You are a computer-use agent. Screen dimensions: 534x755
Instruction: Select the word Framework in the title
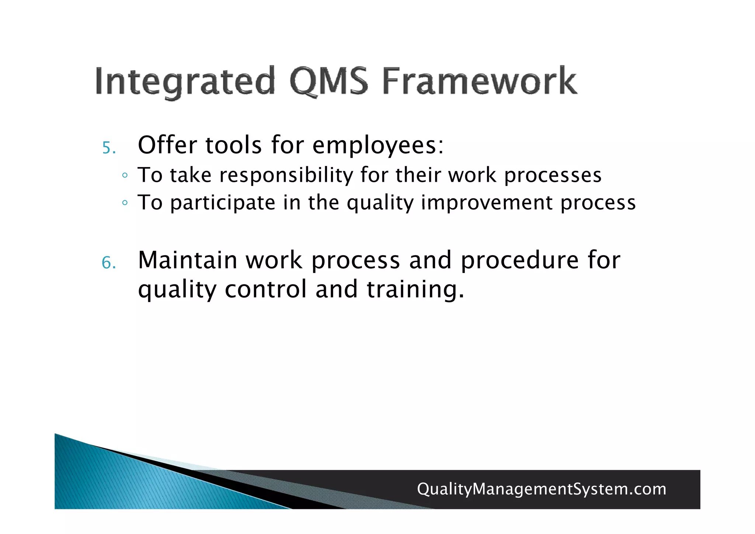coord(479,81)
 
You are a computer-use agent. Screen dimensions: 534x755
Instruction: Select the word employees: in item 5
coord(378,145)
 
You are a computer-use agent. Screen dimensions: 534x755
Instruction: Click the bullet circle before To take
coord(125,176)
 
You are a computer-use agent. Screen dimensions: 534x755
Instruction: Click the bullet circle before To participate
coord(125,203)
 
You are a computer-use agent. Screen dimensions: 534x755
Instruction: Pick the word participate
coord(223,203)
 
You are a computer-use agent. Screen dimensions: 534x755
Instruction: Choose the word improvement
coord(487,203)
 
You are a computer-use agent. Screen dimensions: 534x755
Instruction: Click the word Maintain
coord(187,260)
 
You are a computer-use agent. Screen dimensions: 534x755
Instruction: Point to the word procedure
coord(520,261)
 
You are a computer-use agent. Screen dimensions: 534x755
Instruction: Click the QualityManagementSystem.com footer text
coord(541,489)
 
